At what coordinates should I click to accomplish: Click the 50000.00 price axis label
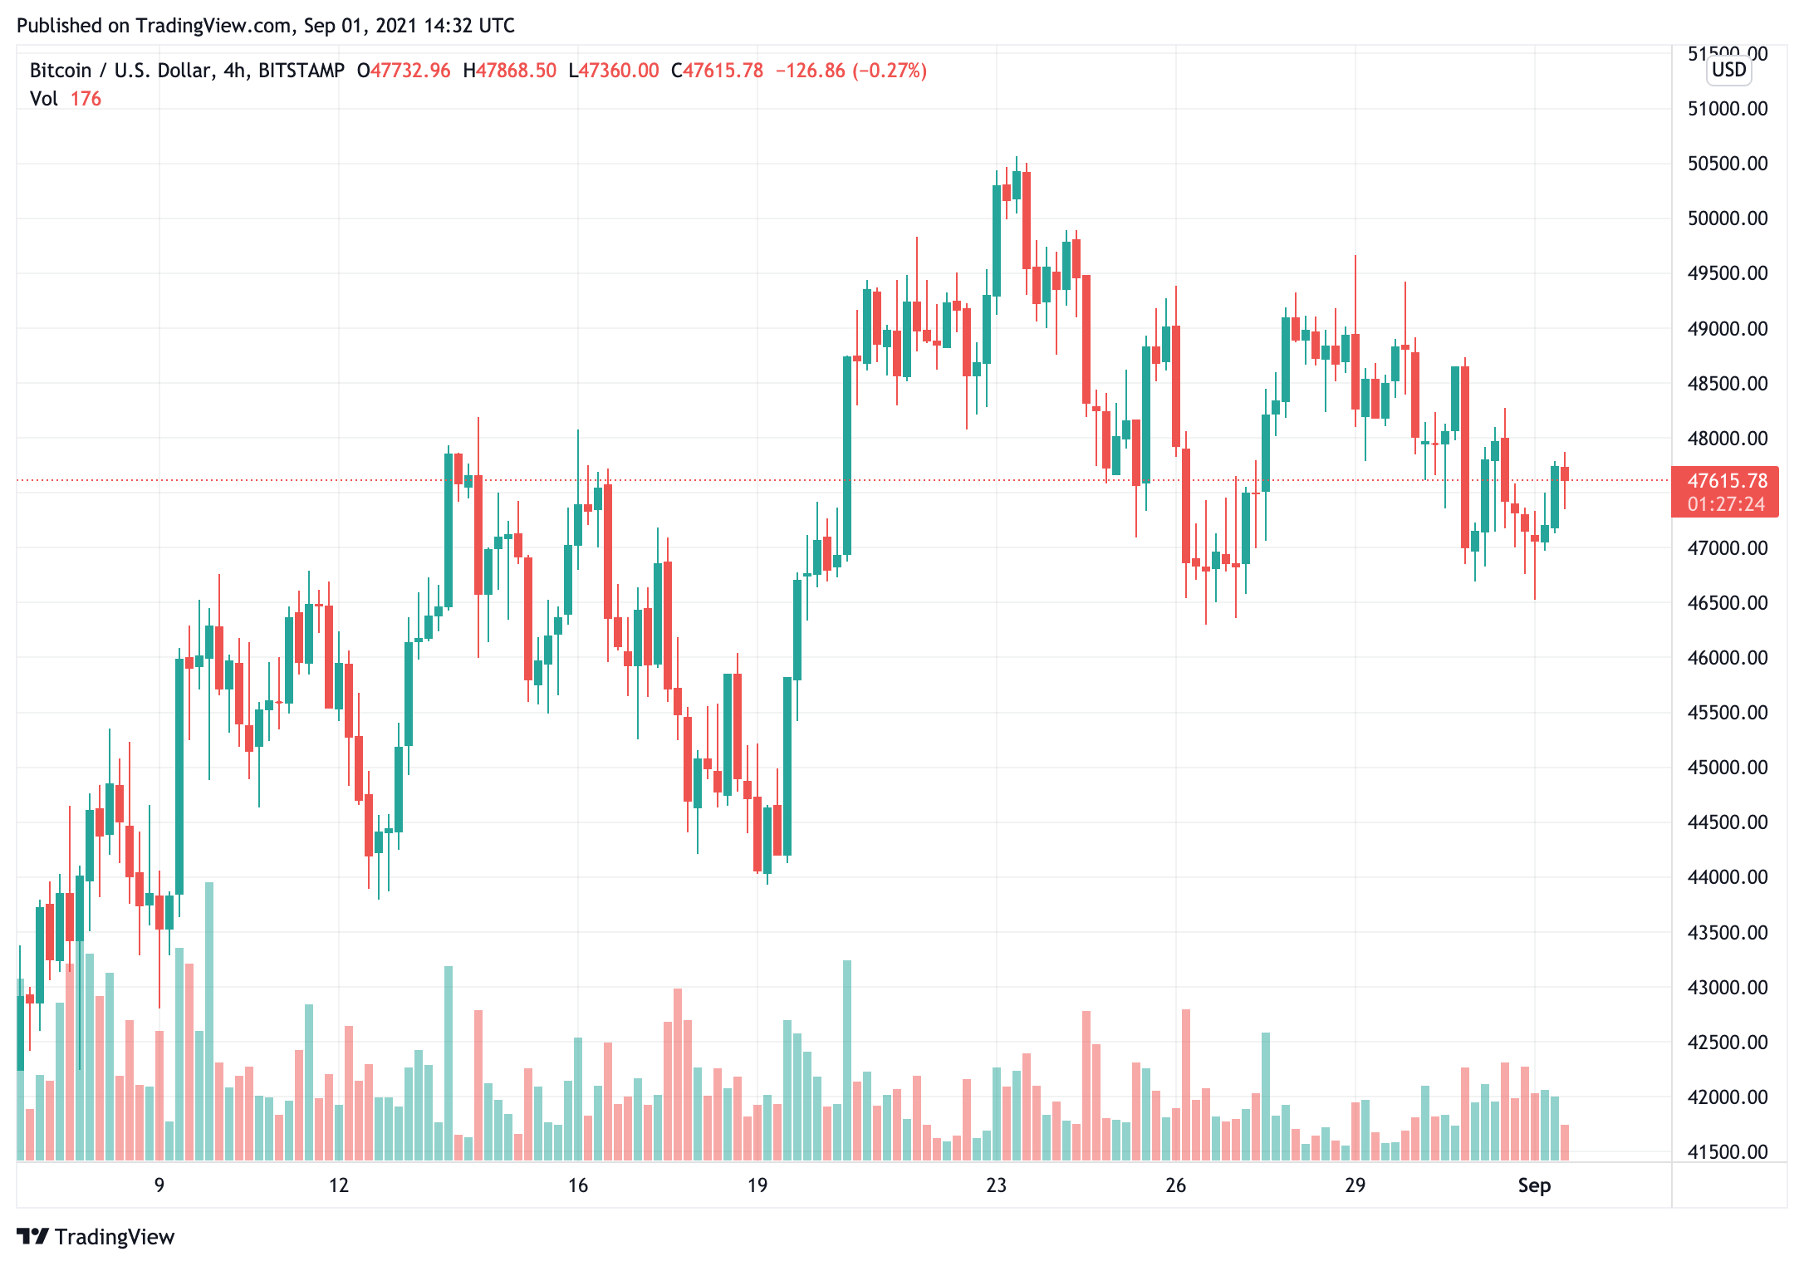click(1727, 218)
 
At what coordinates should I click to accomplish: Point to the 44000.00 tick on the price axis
click(1727, 877)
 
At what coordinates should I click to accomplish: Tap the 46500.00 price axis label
click(1727, 603)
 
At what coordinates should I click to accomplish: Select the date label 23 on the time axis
click(996, 1185)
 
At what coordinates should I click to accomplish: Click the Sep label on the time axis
click(1534, 1185)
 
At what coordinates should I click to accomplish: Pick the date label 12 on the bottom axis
click(338, 1185)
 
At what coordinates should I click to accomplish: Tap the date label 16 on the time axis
click(577, 1185)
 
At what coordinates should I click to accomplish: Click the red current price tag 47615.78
click(1727, 481)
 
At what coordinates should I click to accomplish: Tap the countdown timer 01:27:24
click(1727, 504)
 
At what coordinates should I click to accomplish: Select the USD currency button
click(1728, 70)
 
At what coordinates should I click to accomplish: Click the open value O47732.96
click(404, 71)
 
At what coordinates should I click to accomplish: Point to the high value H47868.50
click(509, 71)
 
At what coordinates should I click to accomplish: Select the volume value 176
click(86, 99)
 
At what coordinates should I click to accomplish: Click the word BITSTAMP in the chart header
click(301, 71)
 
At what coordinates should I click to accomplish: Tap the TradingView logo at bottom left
click(96, 1237)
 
